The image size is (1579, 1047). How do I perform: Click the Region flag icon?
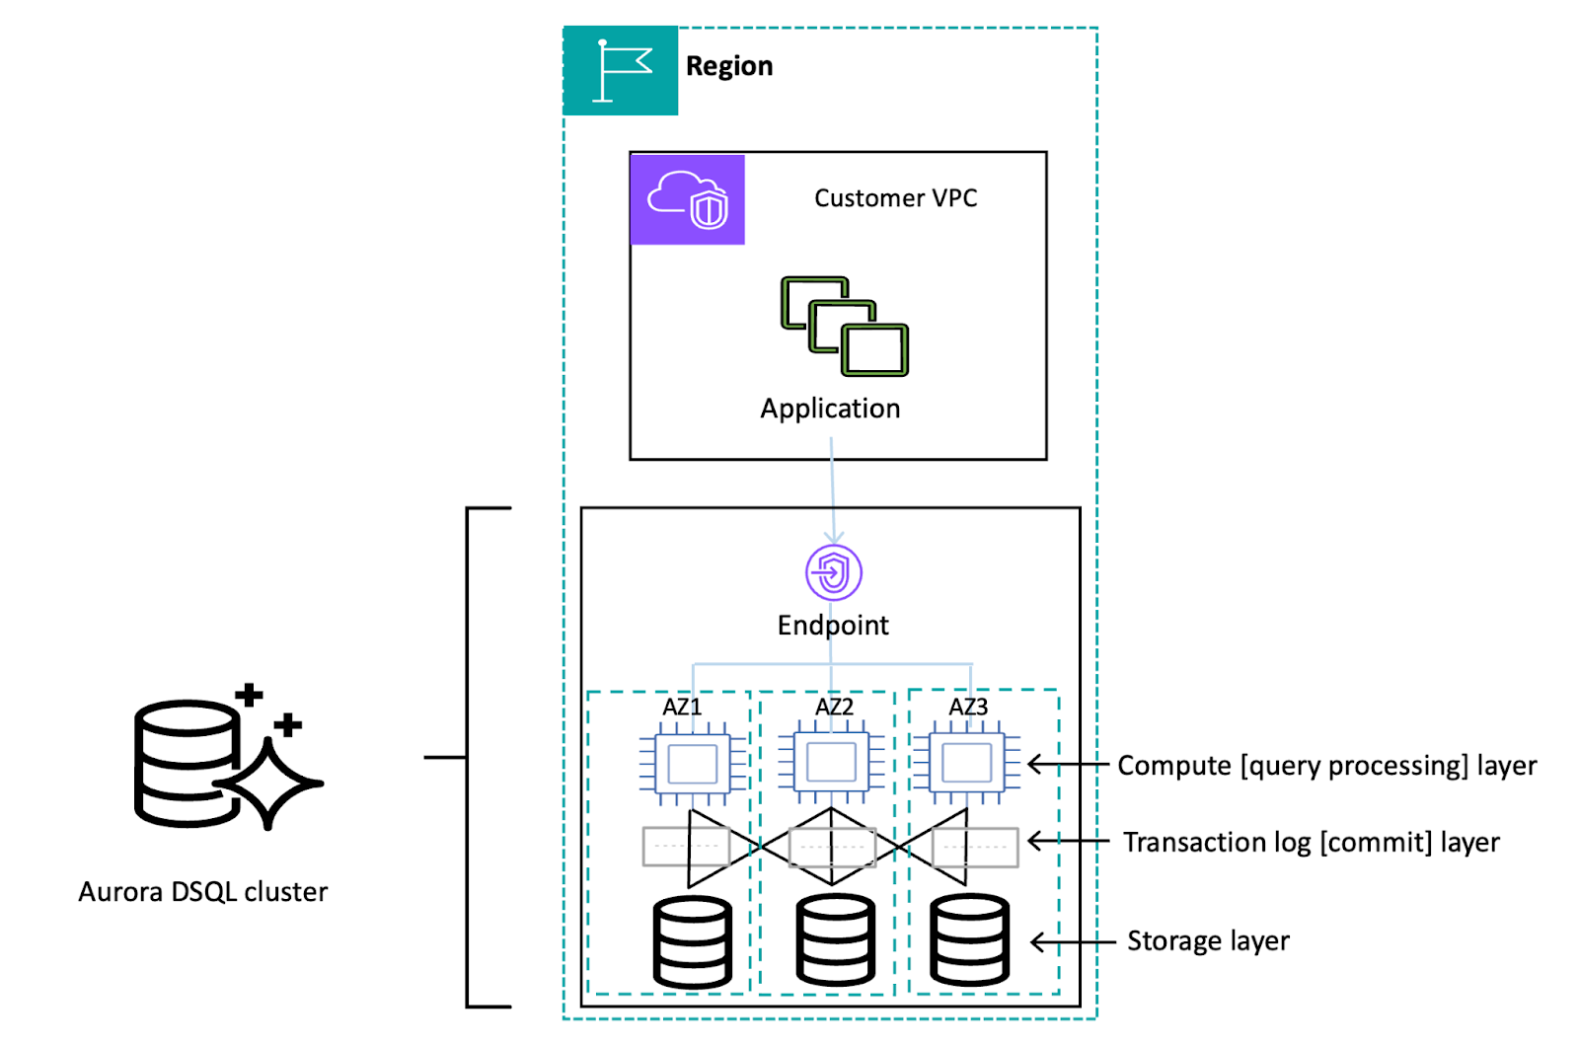pyautogui.click(x=621, y=71)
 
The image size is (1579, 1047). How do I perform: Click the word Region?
pyautogui.click(x=729, y=66)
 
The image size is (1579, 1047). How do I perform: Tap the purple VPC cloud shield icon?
pyautogui.click(x=688, y=199)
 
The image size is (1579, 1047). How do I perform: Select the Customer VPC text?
pyautogui.click(x=895, y=198)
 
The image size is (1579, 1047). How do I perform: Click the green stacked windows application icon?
pyautogui.click(x=845, y=327)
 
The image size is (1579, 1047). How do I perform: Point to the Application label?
pyautogui.click(x=830, y=409)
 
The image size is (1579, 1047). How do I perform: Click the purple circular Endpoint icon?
pyautogui.click(x=834, y=572)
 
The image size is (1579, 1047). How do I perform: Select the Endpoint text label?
pyautogui.click(x=833, y=626)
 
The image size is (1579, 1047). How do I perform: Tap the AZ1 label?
pyautogui.click(x=682, y=707)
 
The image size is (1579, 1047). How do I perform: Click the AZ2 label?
pyautogui.click(x=834, y=707)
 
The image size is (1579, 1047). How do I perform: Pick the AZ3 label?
pyautogui.click(x=968, y=707)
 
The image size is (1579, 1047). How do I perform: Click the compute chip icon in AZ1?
pyautogui.click(x=693, y=764)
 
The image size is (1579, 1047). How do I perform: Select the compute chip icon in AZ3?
pyautogui.click(x=967, y=764)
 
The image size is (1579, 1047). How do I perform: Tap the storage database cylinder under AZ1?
pyautogui.click(x=693, y=942)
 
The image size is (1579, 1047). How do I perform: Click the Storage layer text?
pyautogui.click(x=1208, y=941)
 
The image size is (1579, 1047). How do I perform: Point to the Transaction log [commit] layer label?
pyautogui.click(x=1311, y=843)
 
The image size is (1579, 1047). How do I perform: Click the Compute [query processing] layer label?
pyautogui.click(x=1326, y=766)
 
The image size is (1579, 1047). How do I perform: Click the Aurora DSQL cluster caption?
pyautogui.click(x=203, y=892)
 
